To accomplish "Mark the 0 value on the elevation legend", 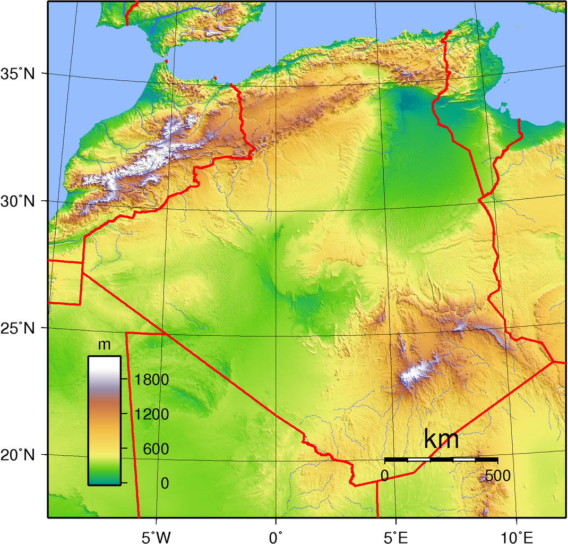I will click(x=165, y=483).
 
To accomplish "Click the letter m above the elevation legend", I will click(x=105, y=345).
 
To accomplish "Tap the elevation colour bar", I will click(x=104, y=420).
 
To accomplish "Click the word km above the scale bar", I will click(x=441, y=440).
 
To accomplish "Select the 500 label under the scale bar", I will click(x=497, y=475).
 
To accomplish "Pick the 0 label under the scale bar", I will click(x=385, y=475).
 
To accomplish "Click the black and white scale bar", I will click(x=441, y=459).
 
